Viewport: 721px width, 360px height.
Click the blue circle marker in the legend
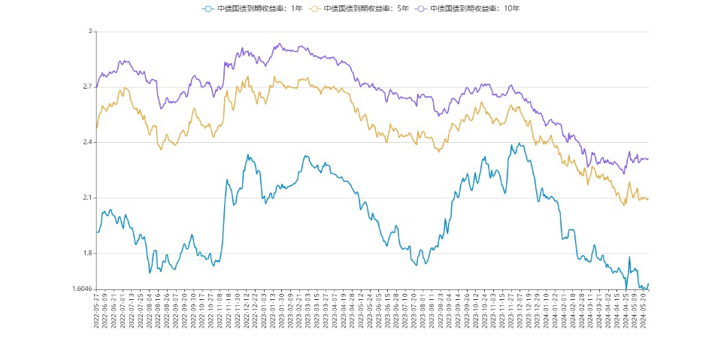coord(208,8)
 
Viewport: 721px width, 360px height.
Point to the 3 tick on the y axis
coord(89,32)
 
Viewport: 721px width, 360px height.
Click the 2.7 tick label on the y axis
coord(86,87)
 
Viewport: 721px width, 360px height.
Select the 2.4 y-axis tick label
coord(86,143)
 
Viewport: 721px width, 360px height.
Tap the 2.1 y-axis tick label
coord(86,198)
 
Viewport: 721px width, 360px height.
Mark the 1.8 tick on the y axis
coord(86,254)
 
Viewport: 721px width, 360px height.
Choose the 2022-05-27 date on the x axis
coord(96,310)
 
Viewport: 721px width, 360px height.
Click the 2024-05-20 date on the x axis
coord(645,310)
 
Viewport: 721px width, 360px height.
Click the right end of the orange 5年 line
coord(648,199)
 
